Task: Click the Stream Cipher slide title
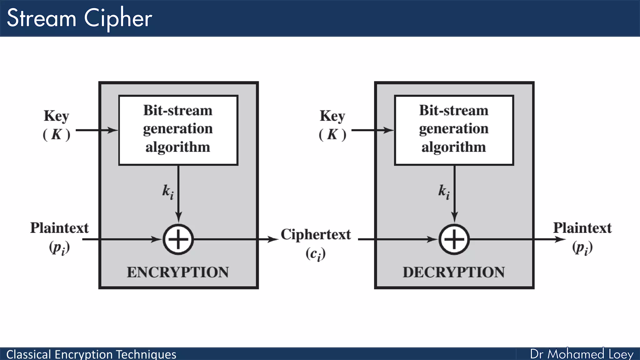79,18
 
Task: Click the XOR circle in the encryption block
178,240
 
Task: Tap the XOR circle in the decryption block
454,240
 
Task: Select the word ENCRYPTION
178,272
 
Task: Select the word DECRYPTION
454,272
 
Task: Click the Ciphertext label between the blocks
316,234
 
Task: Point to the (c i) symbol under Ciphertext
316,254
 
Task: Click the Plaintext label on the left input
59,228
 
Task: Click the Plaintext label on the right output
582,228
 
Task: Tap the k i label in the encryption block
168,191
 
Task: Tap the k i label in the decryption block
444,191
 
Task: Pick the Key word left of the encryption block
56,116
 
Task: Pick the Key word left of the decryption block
332,116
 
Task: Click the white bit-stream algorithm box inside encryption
178,130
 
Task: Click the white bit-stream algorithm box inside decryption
454,130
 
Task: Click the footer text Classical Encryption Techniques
91,354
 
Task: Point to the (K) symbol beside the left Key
57,135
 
